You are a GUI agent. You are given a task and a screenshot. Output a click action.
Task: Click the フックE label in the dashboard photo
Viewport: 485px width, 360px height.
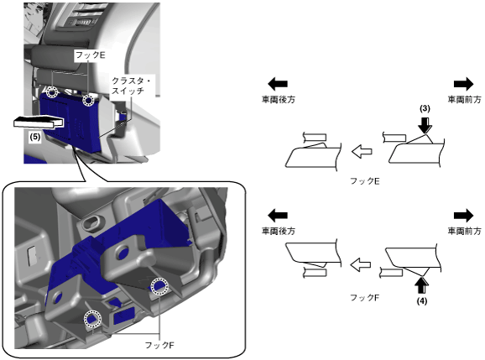[x=91, y=55]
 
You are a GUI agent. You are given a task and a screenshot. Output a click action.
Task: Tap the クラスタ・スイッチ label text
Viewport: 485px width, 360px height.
[x=131, y=86]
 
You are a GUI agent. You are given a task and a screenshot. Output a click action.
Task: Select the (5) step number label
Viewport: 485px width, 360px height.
[x=35, y=137]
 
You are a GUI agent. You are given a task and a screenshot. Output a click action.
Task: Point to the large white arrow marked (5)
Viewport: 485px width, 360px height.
[x=39, y=122]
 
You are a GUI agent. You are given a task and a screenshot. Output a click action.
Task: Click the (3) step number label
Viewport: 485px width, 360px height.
[x=425, y=108]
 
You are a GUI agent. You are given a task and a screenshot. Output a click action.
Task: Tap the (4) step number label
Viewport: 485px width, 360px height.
[x=421, y=300]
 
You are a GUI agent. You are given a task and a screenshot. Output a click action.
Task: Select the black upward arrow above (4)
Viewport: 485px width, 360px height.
[x=421, y=285]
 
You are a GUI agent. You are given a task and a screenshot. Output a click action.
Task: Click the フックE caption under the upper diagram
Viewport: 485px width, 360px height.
[x=365, y=181]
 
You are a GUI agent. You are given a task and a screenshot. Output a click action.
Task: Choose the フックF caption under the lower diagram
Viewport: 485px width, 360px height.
[x=365, y=298]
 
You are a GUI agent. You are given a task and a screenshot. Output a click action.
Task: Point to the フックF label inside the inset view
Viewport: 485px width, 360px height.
[x=159, y=345]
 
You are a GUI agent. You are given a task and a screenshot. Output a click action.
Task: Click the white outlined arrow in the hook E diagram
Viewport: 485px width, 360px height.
[x=362, y=152]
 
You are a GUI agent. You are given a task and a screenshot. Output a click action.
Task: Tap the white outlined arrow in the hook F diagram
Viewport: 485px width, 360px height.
[x=360, y=264]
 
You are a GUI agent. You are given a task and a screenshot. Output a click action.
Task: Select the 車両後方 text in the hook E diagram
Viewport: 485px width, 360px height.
[x=279, y=100]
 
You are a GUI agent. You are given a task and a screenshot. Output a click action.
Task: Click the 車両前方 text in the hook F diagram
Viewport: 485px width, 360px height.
[x=464, y=231]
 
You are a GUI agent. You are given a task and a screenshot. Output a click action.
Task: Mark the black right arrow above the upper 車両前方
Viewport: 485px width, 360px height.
[x=464, y=84]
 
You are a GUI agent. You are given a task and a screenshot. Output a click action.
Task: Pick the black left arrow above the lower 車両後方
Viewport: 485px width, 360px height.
[x=278, y=216]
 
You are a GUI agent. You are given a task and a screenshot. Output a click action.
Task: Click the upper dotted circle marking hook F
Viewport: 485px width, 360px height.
[x=159, y=286]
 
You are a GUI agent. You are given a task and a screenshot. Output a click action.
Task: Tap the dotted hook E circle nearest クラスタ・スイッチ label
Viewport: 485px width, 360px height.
[x=88, y=100]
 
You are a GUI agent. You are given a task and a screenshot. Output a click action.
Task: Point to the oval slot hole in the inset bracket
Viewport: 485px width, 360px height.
[x=92, y=222]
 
